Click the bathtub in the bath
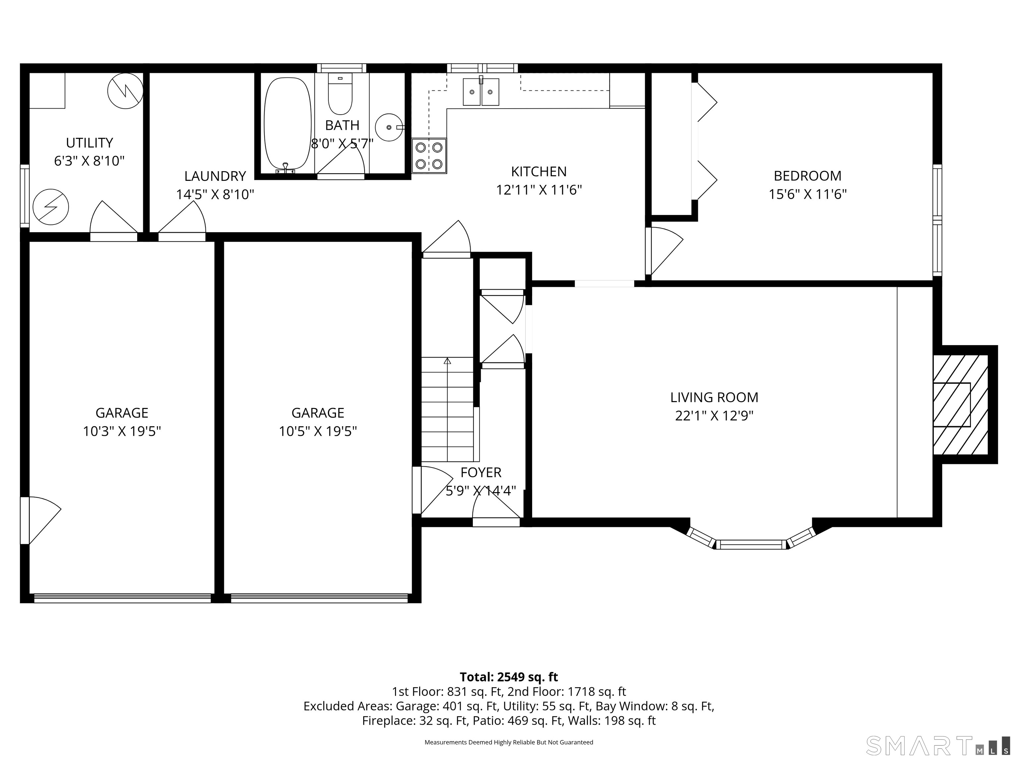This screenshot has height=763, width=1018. [287, 124]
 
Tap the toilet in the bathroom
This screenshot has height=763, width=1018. [340, 94]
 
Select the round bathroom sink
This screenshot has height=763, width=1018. [389, 127]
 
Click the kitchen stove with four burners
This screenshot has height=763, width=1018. [429, 156]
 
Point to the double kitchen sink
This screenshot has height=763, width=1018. [481, 91]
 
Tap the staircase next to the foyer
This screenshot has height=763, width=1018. [447, 409]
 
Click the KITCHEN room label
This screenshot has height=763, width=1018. [539, 172]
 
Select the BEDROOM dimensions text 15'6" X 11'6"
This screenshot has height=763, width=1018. [808, 194]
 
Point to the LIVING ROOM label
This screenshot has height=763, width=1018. [714, 397]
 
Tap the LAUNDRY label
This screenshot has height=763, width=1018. [215, 176]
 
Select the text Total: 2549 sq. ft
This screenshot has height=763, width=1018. [509, 677]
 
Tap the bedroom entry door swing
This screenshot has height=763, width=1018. [664, 251]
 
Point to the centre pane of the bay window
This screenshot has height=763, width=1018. [751, 544]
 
